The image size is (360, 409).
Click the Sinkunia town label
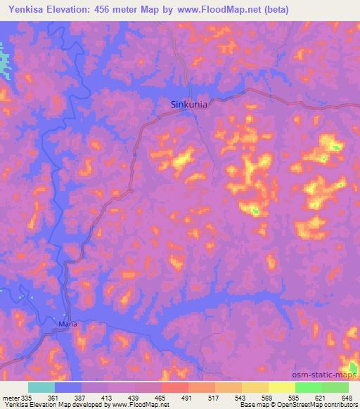point(189,105)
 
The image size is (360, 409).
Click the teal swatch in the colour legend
point(41,387)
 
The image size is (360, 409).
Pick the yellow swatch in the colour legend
point(281,387)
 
